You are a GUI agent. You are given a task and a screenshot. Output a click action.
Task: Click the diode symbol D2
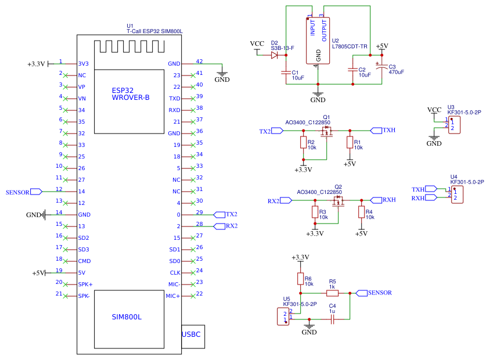point(275,56)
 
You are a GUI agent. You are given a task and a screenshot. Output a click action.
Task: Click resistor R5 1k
point(333,293)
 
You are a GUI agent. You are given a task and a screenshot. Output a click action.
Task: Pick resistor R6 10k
point(301,279)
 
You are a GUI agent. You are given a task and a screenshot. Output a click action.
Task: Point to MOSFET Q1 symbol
point(327,132)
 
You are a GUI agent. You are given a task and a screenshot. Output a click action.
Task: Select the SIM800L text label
point(127,317)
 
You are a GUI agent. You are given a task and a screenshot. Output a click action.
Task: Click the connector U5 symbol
point(282,317)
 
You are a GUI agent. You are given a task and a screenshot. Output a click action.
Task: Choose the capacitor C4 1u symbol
point(333,319)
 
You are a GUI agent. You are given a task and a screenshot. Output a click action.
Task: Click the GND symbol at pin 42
point(222,75)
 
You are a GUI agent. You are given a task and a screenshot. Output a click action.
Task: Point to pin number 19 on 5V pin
point(59,271)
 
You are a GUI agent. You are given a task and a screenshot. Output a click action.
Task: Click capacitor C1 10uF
point(286,73)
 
